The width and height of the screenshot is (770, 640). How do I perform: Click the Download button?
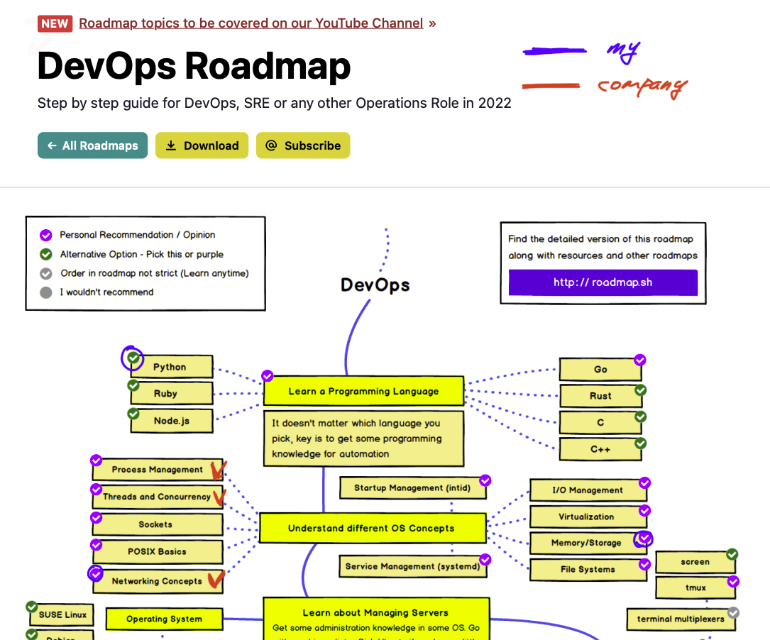(202, 145)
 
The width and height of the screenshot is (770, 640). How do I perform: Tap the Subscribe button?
(303, 145)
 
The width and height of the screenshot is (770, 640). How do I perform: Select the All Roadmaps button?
(92, 145)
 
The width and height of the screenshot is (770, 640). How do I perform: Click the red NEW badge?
(55, 23)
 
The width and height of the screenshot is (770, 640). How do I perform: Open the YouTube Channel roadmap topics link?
(251, 23)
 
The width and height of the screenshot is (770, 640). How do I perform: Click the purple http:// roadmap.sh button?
(603, 282)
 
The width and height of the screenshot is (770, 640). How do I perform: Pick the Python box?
(170, 367)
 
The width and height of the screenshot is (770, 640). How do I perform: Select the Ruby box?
(166, 393)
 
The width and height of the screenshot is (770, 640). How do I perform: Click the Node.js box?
(171, 421)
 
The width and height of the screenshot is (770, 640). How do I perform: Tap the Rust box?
(600, 396)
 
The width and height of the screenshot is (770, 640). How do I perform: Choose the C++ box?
(600, 449)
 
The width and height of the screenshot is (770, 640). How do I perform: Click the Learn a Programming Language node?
(363, 391)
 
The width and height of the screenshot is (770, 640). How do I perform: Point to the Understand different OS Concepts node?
(371, 528)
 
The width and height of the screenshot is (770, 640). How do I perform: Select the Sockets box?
(156, 524)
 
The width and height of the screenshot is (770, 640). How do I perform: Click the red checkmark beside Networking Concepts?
(216, 580)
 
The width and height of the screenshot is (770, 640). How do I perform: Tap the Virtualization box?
(586, 517)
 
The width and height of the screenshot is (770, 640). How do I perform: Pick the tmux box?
(695, 587)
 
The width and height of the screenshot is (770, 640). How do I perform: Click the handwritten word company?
(642, 87)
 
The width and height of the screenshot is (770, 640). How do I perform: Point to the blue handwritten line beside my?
(554, 50)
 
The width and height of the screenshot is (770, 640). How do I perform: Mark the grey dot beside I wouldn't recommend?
(46, 292)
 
